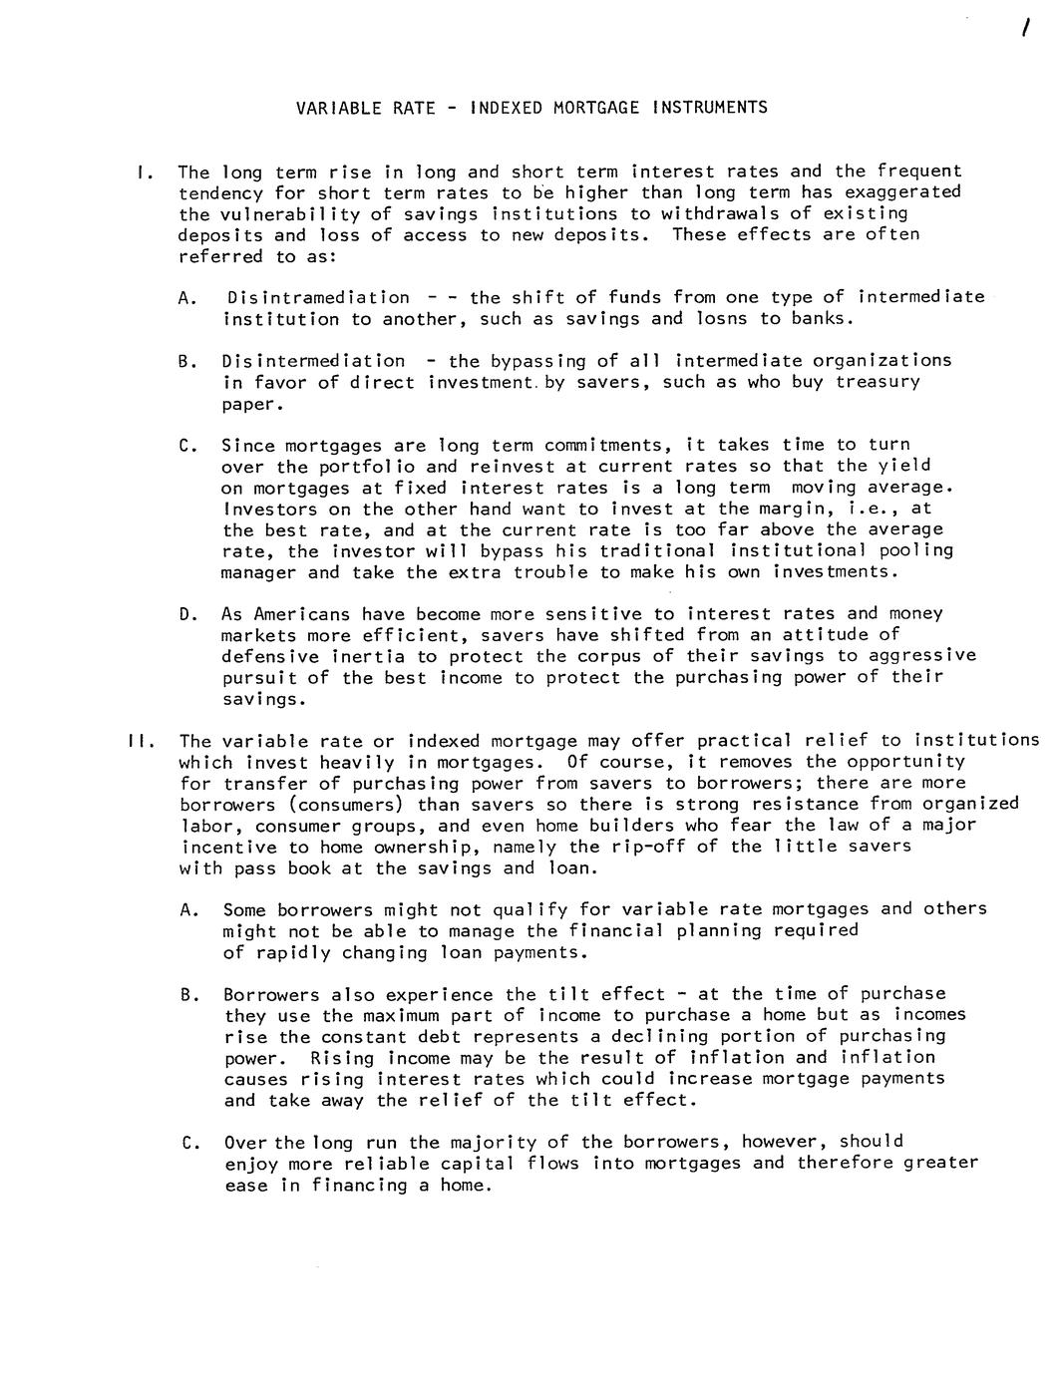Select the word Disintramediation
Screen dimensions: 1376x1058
(318, 297)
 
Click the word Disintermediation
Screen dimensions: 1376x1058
(313, 360)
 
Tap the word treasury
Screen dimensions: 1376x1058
(878, 382)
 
